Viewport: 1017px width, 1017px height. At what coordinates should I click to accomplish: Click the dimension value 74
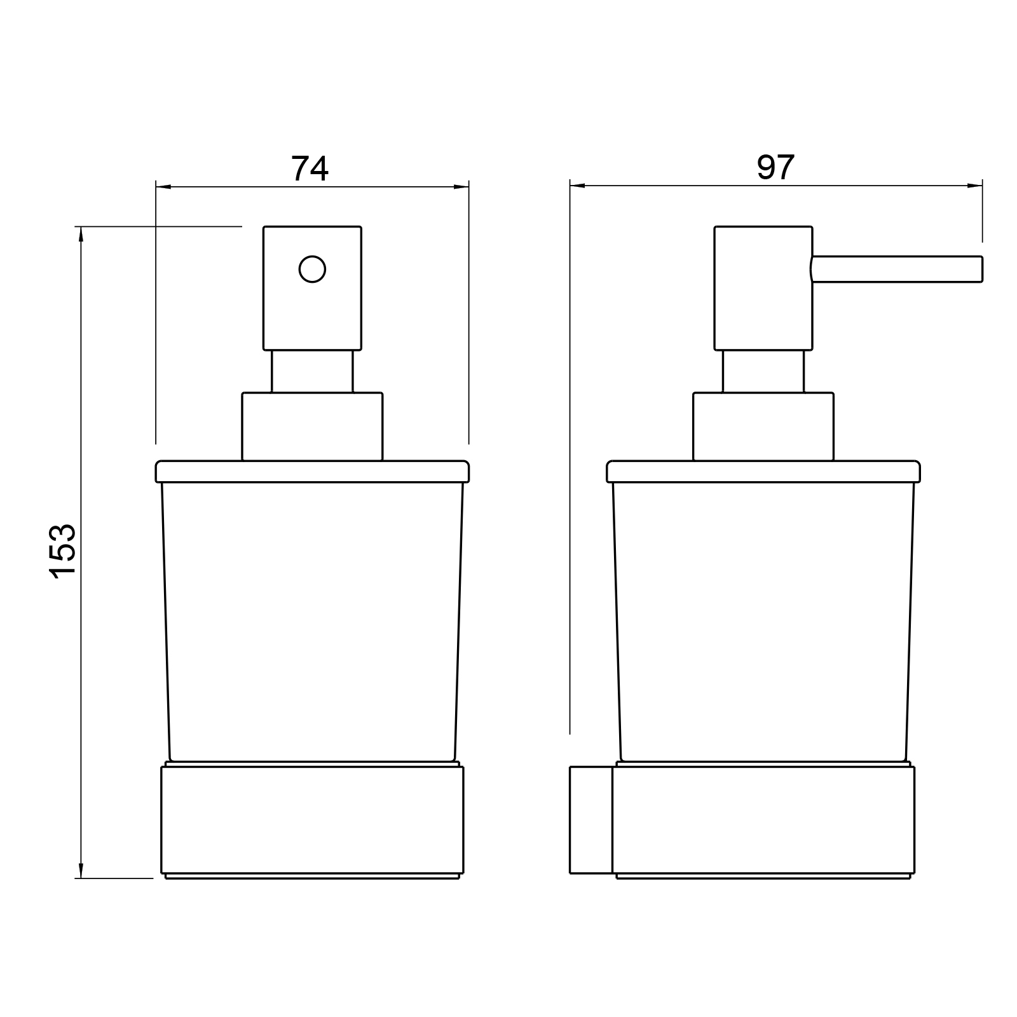(x=310, y=168)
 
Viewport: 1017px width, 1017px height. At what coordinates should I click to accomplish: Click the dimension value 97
(x=775, y=168)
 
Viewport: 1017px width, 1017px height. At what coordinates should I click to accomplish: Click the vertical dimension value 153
(x=63, y=550)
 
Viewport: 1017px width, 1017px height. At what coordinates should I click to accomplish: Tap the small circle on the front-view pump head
(x=312, y=269)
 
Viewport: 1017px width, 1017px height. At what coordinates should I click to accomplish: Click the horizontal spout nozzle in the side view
(x=897, y=269)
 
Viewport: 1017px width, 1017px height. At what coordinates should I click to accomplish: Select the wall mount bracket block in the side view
(x=591, y=820)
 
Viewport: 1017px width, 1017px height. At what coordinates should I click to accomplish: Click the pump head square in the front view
(x=312, y=288)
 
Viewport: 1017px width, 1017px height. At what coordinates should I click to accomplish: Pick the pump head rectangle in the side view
(x=763, y=288)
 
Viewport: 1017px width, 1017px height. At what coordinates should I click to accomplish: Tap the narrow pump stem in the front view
(x=312, y=371)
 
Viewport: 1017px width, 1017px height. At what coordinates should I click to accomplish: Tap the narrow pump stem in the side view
(x=763, y=371)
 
